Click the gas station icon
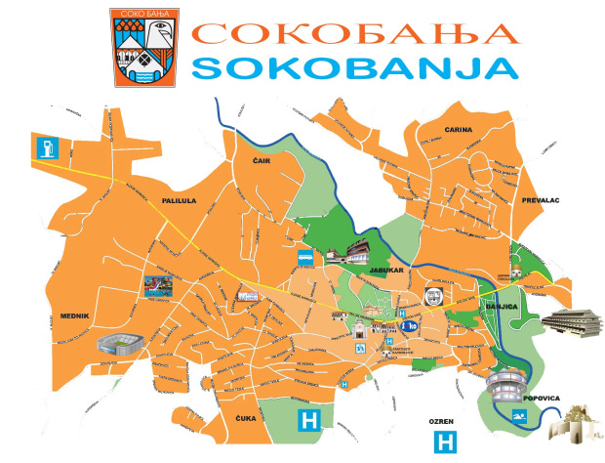(x=46, y=148)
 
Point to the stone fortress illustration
(x=575, y=428)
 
